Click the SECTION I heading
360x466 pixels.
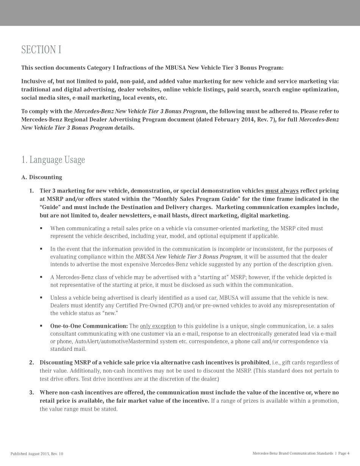coord(41,50)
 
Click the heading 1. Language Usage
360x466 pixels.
coord(53,160)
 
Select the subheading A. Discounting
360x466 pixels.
coord(42,177)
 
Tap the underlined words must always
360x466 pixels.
coord(282,191)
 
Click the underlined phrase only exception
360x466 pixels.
coord(158,326)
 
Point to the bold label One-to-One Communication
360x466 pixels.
coord(89,326)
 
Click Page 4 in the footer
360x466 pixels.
coord(344,453)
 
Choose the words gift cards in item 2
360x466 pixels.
coord(295,363)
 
